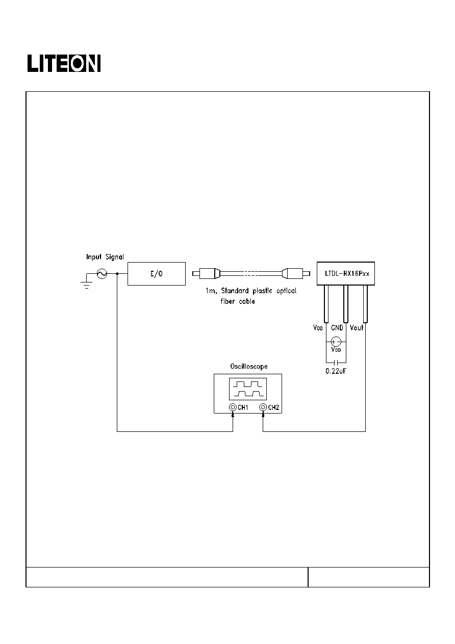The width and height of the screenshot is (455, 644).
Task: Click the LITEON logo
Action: tap(64, 63)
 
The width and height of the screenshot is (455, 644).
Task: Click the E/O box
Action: tap(157, 274)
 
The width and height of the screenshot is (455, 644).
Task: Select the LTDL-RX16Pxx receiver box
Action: tap(346, 273)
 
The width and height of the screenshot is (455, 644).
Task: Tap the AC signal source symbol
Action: tap(102, 274)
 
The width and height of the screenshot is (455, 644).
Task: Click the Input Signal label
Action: tap(105, 257)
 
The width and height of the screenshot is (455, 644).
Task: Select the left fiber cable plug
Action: tap(206, 273)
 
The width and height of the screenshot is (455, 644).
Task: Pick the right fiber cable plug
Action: tap(296, 273)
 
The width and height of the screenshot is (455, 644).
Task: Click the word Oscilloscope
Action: tap(249, 367)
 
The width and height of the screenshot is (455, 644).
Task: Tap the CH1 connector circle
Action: tap(233, 407)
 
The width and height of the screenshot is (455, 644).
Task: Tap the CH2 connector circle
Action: tap(263, 407)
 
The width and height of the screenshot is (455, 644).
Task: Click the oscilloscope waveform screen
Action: tap(248, 389)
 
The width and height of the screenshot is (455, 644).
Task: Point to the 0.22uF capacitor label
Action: tap(336, 371)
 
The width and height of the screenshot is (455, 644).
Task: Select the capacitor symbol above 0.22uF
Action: tap(336, 363)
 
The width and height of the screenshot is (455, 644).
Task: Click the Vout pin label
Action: tap(357, 328)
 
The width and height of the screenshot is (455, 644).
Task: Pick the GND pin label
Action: tap(337, 328)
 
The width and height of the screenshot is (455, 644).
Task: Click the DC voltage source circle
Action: tap(336, 342)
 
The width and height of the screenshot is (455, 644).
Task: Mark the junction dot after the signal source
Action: tap(117, 274)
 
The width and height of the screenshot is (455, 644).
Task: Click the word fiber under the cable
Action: tap(227, 301)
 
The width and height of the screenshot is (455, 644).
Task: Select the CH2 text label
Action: tap(273, 407)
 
